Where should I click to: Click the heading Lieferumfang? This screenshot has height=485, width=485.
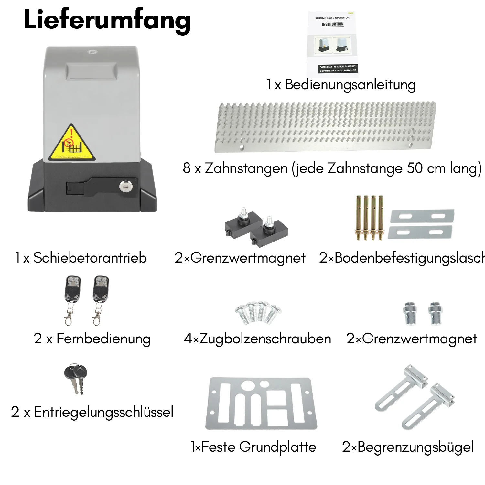coord(107,20)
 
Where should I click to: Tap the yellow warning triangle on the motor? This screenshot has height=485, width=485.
coord(72,144)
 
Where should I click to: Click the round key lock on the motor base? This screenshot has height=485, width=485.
coord(124,187)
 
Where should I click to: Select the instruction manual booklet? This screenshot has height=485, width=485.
coord(333,44)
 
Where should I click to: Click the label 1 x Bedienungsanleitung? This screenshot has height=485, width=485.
coord(341,85)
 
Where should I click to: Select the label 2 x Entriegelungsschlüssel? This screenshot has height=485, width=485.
coord(92,412)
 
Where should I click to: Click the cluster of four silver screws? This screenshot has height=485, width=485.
coord(258,312)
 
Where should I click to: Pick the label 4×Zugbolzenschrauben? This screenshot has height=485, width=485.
coord(257,339)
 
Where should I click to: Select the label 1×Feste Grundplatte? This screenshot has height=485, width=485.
coord(253,447)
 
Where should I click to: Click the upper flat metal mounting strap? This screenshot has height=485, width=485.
coord(422,216)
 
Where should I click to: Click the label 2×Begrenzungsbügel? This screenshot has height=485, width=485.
coord(408,447)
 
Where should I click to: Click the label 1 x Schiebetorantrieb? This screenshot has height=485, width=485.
coord(81,258)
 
